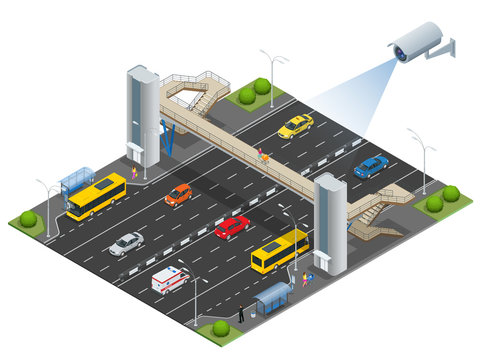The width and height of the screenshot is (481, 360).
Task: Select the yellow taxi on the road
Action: (x=295, y=126)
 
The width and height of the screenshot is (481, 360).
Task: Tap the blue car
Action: (x=371, y=165)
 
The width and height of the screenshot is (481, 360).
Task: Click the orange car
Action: (x=178, y=194)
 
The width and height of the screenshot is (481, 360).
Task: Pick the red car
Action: (x=232, y=227)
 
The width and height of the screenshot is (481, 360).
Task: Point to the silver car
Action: (x=126, y=243)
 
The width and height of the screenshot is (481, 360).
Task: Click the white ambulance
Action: (x=169, y=279)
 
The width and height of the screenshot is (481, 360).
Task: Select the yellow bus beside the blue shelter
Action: (x=96, y=196)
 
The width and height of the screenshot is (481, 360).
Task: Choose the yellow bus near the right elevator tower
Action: (x=279, y=251)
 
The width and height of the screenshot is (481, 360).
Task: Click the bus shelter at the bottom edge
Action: (x=272, y=296)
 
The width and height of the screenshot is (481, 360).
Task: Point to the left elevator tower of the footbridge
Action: (x=142, y=116)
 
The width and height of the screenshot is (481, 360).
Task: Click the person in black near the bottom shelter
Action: (x=240, y=313)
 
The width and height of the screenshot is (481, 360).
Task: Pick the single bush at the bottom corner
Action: (x=221, y=328)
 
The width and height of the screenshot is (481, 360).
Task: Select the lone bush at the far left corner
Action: (x=28, y=218)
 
